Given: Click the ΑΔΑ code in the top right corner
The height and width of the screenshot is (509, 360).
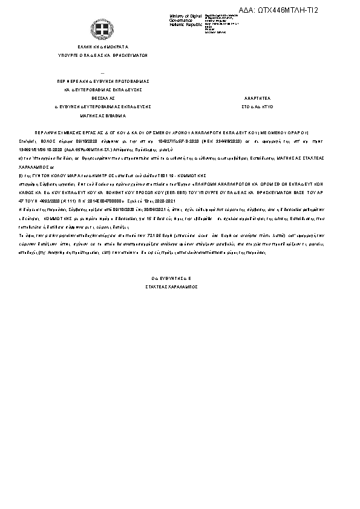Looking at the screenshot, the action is [287, 10].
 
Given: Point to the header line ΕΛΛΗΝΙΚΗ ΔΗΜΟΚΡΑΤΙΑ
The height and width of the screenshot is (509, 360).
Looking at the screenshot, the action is [102, 46].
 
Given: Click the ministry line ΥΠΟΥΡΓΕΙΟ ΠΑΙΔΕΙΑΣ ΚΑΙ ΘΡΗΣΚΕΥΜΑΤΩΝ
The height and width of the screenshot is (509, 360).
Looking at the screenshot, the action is [102, 55].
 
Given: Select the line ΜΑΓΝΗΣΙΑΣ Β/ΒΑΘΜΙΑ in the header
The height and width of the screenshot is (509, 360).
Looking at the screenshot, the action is [102, 115].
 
